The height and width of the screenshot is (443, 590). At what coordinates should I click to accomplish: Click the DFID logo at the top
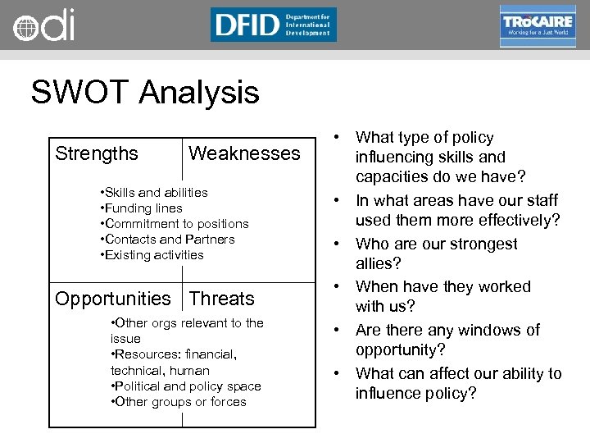pyautogui.click(x=273, y=25)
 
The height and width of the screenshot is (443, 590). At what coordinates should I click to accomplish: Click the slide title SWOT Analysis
pyautogui.click(x=145, y=92)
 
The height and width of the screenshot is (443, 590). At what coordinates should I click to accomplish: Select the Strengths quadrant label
pyautogui.click(x=97, y=153)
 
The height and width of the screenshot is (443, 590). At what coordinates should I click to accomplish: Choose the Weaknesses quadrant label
pyautogui.click(x=244, y=153)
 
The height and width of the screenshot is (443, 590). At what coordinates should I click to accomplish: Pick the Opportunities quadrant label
pyautogui.click(x=113, y=299)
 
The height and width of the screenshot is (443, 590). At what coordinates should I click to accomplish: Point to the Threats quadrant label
pyautogui.click(x=222, y=299)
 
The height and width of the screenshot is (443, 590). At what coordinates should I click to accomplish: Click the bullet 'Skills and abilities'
pyautogui.click(x=153, y=192)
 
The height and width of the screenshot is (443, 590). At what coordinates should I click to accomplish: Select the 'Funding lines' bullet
pyautogui.click(x=140, y=208)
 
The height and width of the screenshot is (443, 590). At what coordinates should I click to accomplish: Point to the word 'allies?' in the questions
pyautogui.click(x=379, y=264)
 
